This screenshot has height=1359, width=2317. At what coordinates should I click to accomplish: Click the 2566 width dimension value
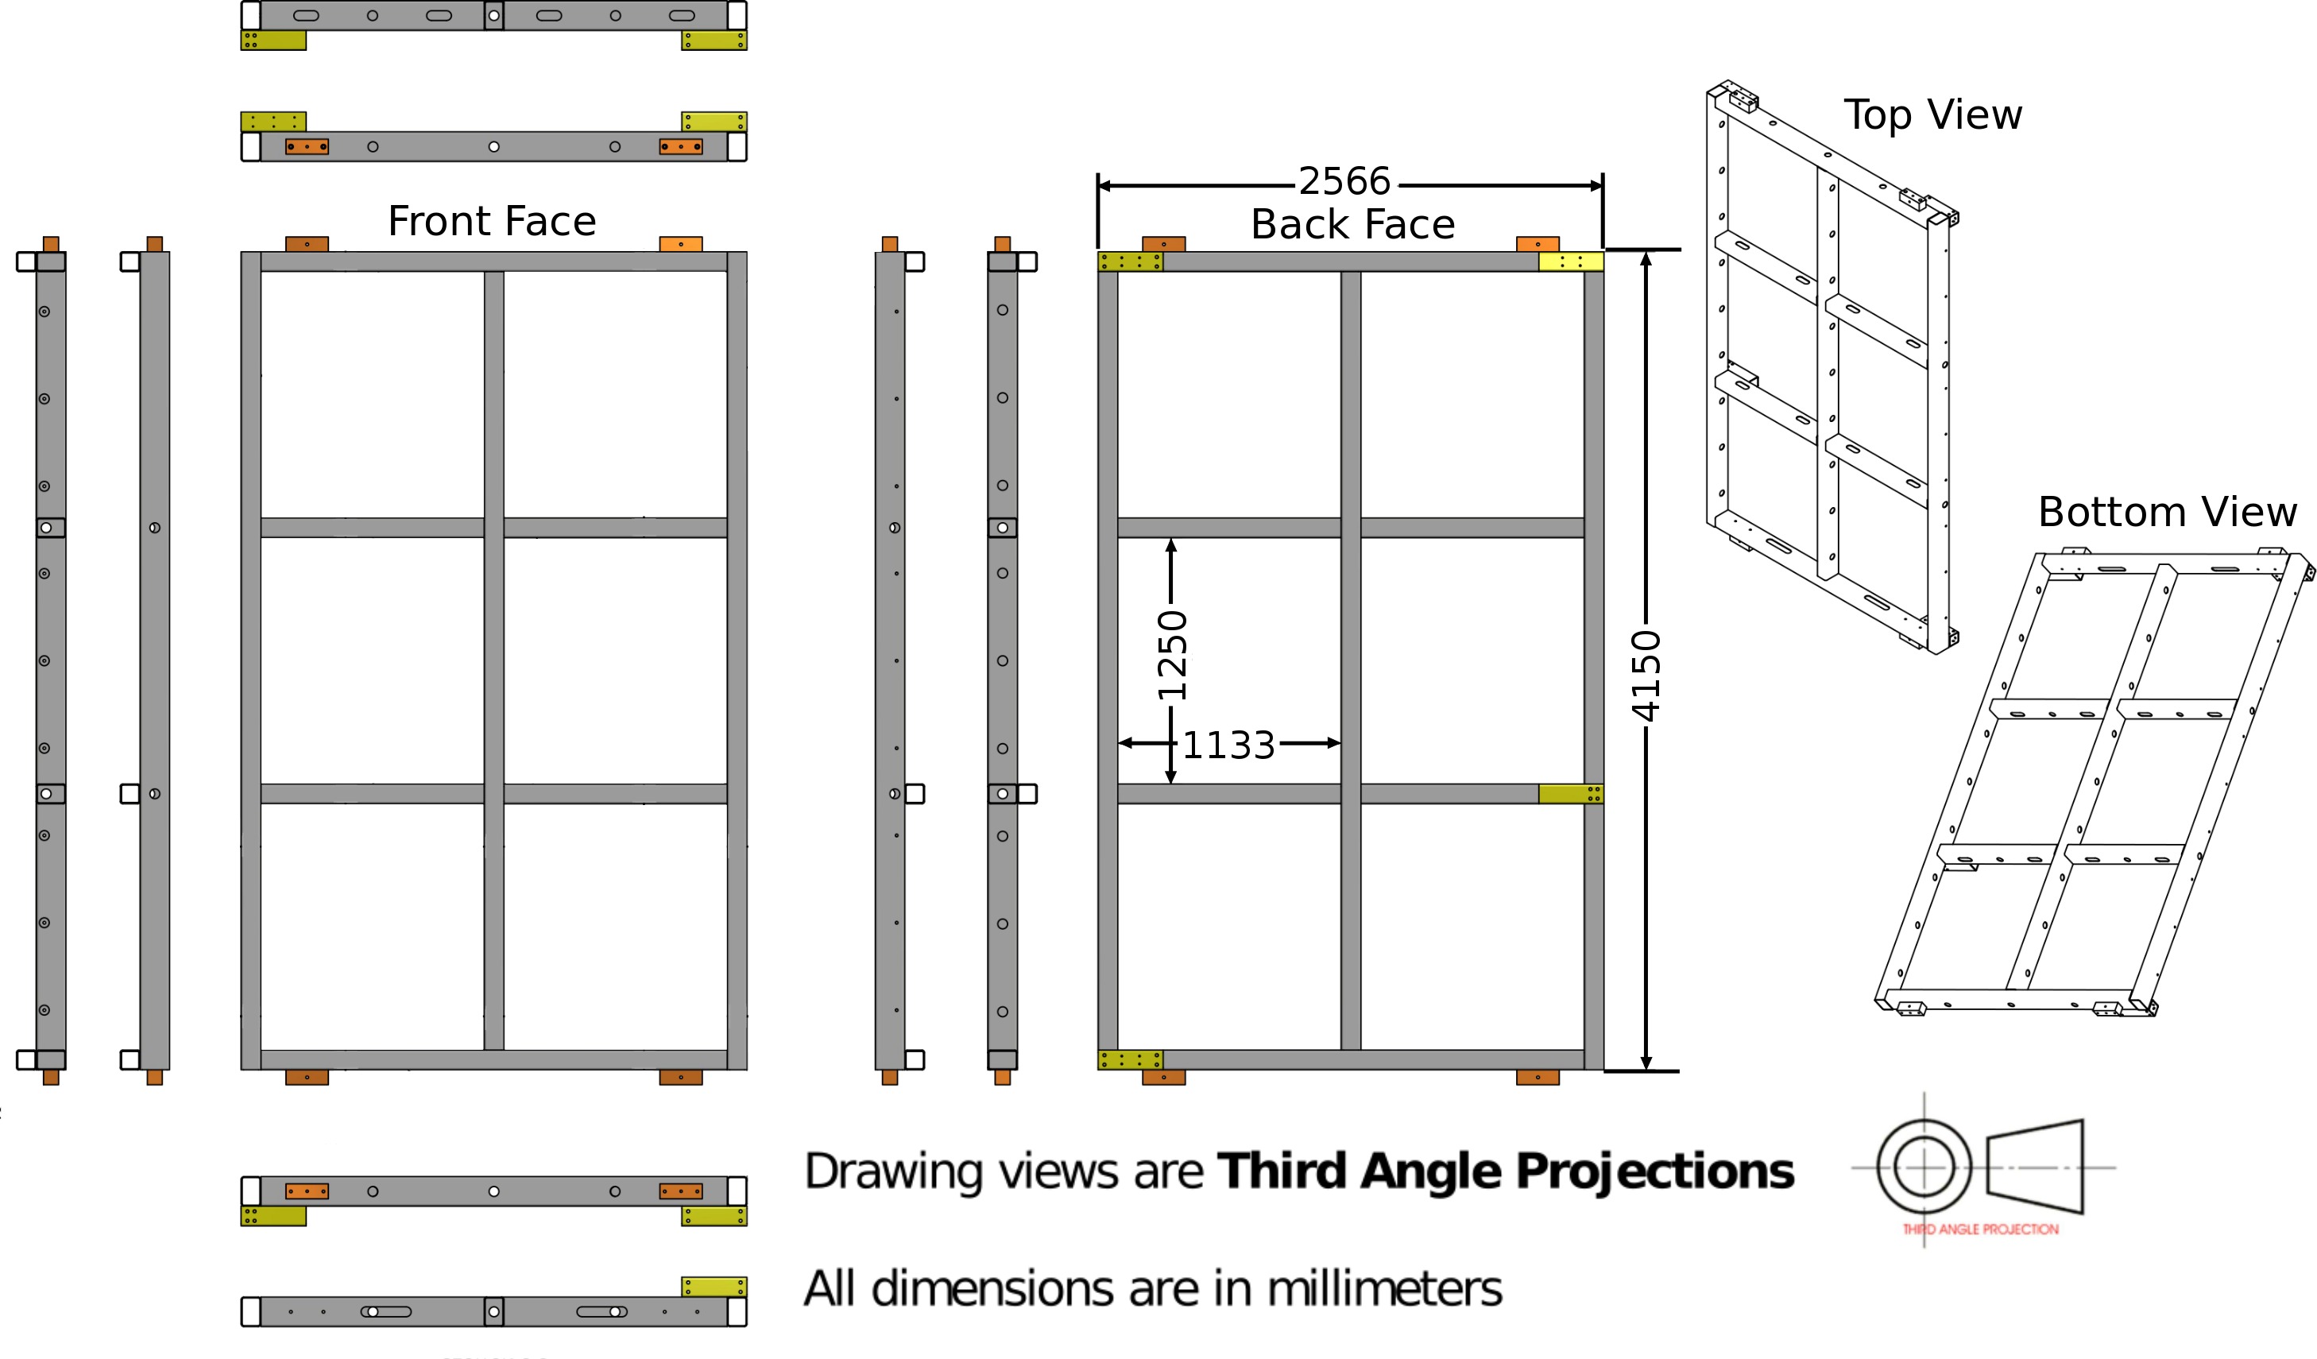[x=1344, y=181]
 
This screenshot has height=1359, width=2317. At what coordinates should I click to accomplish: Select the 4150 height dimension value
[x=1646, y=676]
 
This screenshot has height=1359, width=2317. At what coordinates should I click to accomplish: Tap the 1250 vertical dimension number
[x=1172, y=655]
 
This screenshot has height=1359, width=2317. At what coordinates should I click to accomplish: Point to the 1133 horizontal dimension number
[x=1228, y=745]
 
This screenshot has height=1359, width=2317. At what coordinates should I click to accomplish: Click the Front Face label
[x=492, y=222]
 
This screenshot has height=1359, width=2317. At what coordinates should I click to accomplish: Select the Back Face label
[x=1352, y=224]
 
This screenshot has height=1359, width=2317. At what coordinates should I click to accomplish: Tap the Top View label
[x=1932, y=115]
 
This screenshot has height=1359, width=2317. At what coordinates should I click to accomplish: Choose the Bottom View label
[x=2167, y=512]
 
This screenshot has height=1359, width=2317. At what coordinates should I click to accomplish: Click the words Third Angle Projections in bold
[x=1505, y=1171]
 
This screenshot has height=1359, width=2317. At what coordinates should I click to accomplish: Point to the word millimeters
[x=1385, y=1288]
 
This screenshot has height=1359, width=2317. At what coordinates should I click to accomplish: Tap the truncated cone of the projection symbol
[x=2035, y=1167]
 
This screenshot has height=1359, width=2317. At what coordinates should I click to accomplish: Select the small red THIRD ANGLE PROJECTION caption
[x=1980, y=1229]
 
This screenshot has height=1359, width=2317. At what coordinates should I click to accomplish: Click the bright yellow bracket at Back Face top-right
[x=1572, y=262]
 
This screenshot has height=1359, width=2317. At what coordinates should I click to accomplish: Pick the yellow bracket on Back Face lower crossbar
[x=1572, y=793]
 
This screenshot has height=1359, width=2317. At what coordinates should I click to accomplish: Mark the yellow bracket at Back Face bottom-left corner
[x=1131, y=1060]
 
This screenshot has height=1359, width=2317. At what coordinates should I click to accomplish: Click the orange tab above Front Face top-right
[x=681, y=245]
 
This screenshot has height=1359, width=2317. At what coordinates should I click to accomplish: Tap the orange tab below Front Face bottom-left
[x=307, y=1078]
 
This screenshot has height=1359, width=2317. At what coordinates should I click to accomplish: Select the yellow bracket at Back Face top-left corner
[x=1131, y=262]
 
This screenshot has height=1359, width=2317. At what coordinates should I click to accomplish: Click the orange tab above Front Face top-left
[x=307, y=245]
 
